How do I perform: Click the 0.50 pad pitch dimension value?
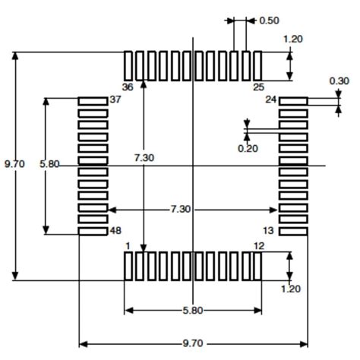click(269, 21)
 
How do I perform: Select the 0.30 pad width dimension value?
click(339, 81)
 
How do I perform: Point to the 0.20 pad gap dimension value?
click(248, 148)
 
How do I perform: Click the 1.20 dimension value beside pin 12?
click(291, 289)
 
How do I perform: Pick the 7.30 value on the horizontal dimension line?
click(180, 209)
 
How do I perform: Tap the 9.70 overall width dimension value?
click(194, 344)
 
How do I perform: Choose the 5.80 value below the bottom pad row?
click(193, 311)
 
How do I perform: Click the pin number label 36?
click(128, 87)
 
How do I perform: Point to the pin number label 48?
click(115, 230)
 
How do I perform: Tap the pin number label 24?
click(270, 100)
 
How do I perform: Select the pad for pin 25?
click(257, 65)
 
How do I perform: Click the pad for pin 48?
click(93, 231)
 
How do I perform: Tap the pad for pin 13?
click(293, 231)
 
